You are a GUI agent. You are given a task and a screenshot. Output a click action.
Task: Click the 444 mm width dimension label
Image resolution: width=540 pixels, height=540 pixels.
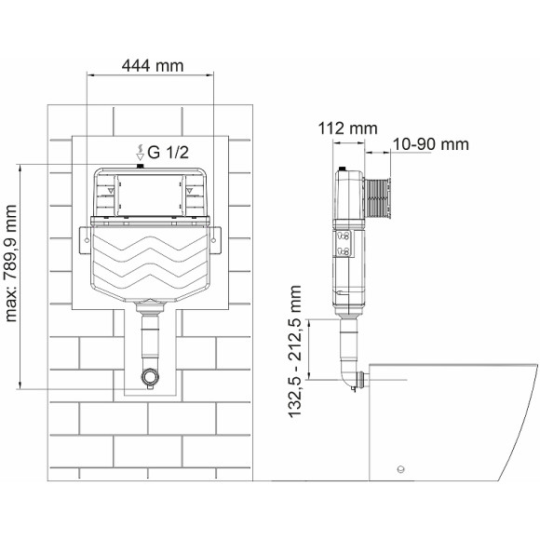point(150,65)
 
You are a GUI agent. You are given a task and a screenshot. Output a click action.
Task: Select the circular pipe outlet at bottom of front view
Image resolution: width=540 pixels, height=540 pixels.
point(148,378)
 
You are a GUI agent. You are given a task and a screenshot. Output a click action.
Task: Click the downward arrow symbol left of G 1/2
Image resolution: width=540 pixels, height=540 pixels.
point(141,155)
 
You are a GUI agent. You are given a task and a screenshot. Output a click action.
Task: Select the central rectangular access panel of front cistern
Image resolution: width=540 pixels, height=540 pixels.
point(150,193)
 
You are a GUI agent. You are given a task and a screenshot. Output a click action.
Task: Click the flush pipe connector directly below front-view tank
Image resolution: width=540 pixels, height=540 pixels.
point(148,308)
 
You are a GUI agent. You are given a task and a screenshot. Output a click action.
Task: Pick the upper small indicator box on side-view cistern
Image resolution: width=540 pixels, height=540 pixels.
point(343,236)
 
